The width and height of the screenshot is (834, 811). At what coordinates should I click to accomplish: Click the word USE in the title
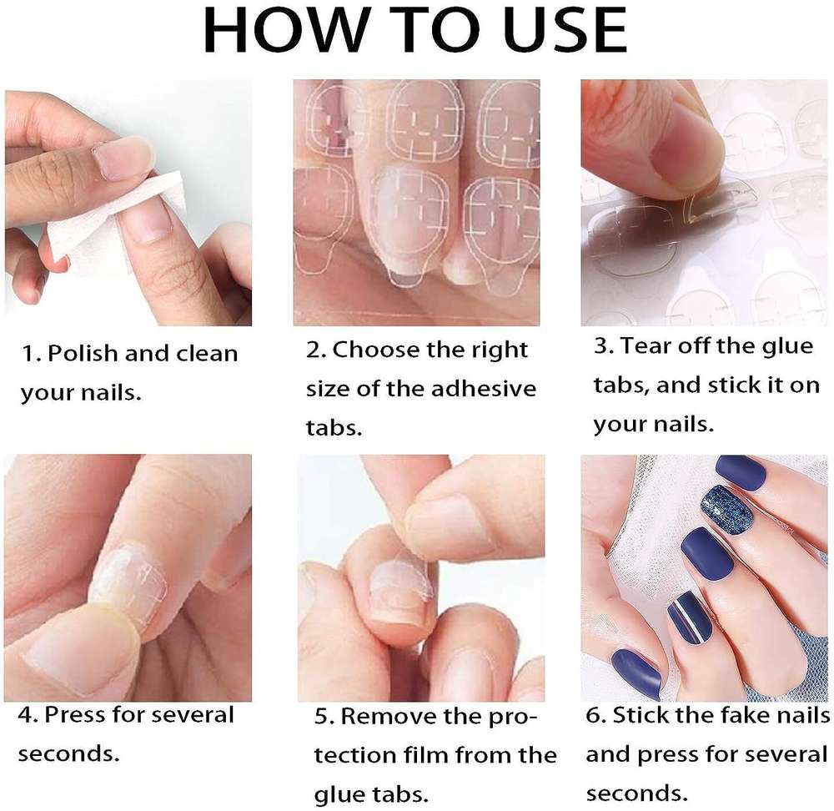point(565,30)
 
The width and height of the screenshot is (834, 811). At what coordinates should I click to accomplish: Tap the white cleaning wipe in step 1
point(114,224)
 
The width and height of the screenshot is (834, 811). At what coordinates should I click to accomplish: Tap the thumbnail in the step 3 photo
point(686,154)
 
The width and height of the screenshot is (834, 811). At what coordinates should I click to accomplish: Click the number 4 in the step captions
point(26,715)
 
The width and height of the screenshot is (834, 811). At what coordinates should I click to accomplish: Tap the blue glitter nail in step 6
point(726,509)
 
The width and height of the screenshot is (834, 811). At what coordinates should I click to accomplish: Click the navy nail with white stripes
point(690,617)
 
